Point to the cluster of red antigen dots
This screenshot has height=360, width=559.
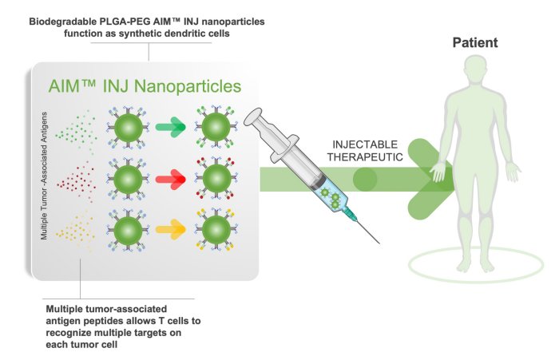pos(77,177)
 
